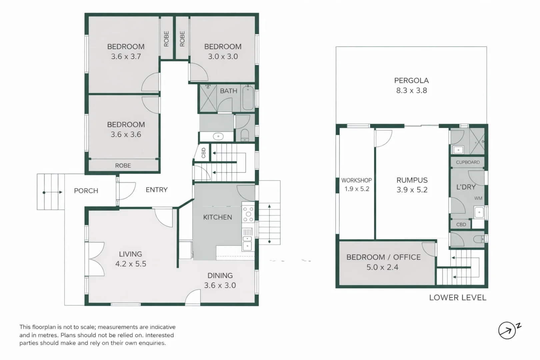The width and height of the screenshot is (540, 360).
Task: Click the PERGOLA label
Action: (x=411, y=80)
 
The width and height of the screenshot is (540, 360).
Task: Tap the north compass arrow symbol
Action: (x=507, y=331)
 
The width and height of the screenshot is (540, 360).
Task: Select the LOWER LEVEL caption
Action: (x=457, y=298)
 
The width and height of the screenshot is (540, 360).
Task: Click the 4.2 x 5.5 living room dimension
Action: (x=131, y=264)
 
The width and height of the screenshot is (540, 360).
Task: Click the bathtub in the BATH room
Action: (x=248, y=98)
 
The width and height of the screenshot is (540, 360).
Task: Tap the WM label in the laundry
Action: (x=478, y=198)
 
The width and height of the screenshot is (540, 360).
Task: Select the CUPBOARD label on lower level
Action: (x=468, y=162)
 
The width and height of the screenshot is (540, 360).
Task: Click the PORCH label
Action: (x=86, y=191)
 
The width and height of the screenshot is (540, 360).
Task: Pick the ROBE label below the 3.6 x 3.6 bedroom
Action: (x=123, y=166)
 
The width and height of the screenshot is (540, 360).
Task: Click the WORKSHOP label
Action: (x=356, y=180)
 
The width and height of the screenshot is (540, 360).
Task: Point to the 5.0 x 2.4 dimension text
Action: (x=382, y=267)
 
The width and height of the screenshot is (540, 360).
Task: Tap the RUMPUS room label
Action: (x=412, y=180)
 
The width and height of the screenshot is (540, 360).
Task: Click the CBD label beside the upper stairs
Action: (x=203, y=153)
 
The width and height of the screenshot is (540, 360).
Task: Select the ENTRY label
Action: (x=156, y=190)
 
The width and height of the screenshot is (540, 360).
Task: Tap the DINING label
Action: (x=220, y=276)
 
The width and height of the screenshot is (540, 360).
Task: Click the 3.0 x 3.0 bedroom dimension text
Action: (x=223, y=56)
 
